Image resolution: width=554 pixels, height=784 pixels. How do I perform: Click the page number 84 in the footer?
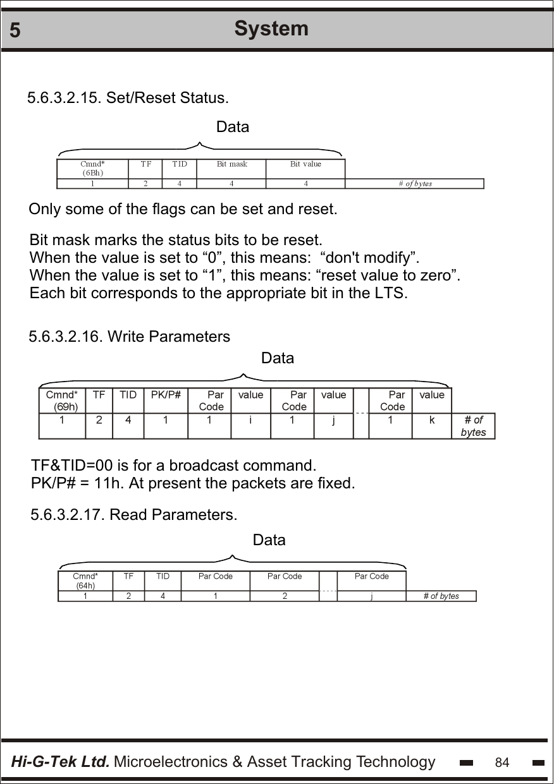tap(502, 763)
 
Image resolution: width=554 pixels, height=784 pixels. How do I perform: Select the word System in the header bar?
tap(271, 28)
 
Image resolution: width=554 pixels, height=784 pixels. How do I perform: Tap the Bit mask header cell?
tap(231, 164)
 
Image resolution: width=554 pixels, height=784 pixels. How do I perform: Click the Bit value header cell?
tap(305, 164)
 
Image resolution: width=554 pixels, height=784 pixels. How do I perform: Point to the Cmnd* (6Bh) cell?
tap(92, 168)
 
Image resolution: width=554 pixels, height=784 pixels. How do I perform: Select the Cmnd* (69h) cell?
tap(62, 401)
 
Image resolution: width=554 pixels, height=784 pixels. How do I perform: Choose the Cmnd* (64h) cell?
tap(85, 581)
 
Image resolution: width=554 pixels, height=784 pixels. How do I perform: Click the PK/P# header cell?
tap(166, 395)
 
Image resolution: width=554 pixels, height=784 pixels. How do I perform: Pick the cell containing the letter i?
tap(250, 419)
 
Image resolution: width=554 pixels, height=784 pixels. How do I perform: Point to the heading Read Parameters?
tap(174, 515)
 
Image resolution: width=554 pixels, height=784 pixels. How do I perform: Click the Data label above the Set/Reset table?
tap(233, 127)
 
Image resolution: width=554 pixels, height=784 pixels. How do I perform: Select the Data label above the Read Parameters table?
tap(269, 540)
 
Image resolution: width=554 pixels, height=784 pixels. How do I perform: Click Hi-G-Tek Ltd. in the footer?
tap(61, 762)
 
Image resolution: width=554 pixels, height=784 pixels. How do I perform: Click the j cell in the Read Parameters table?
tap(372, 596)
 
